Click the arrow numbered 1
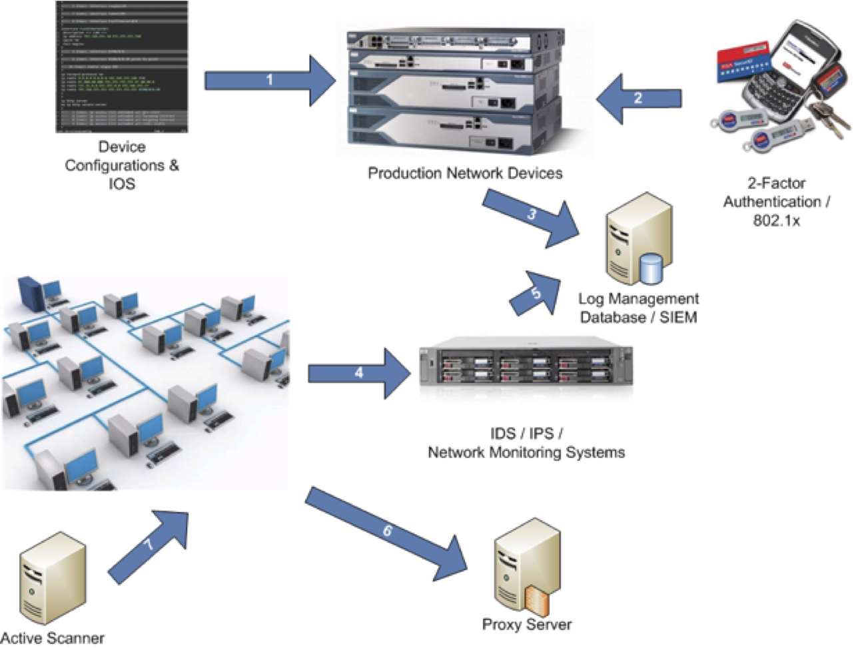[270, 81]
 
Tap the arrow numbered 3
[533, 216]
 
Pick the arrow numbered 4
[360, 373]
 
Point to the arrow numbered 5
[536, 293]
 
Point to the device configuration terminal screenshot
[122, 67]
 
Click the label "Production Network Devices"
[465, 174]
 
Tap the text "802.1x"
[776, 220]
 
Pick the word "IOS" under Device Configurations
[122, 183]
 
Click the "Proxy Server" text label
[526, 625]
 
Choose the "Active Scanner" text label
[53, 638]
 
